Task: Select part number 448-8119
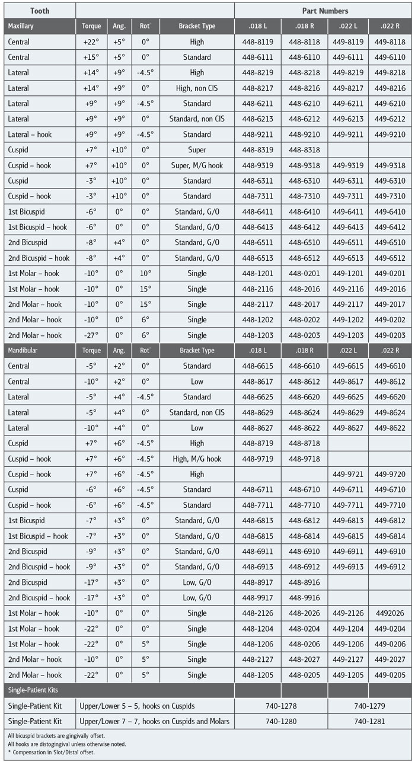[257, 42]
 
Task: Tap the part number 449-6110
[390, 57]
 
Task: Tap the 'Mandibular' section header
[24, 350]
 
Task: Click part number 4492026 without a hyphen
[390, 613]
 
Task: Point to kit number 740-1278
[280, 706]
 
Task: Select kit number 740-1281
[369, 721]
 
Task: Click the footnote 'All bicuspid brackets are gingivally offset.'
[52, 735]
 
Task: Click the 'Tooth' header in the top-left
[40, 11]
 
